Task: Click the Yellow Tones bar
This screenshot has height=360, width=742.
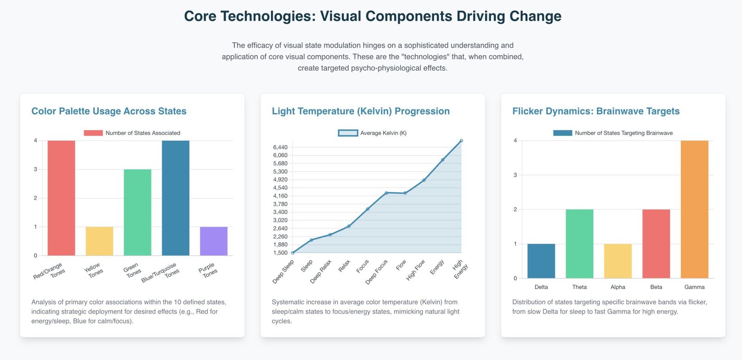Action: click(x=99, y=241)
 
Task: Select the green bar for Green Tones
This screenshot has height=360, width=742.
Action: click(x=137, y=212)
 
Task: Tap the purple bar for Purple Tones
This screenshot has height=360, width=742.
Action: click(x=214, y=241)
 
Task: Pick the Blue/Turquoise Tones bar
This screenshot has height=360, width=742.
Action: click(x=176, y=198)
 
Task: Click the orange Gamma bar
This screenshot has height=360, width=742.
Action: click(x=694, y=209)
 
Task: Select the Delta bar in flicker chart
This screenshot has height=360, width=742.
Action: click(x=541, y=261)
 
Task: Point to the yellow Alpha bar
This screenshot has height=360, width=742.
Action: click(x=618, y=261)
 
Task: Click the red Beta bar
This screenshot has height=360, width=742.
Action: click(x=656, y=244)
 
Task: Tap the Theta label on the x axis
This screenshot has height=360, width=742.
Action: click(x=579, y=287)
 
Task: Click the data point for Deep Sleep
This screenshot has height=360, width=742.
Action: click(x=293, y=252)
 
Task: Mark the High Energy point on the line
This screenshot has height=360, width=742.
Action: click(x=461, y=141)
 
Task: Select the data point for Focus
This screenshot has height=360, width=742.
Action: click(x=367, y=209)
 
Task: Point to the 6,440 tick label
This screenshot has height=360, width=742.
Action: click(x=280, y=147)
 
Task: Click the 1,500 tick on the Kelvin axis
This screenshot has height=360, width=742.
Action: click(x=280, y=252)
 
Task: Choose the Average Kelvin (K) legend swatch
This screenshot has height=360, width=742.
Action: click(x=348, y=133)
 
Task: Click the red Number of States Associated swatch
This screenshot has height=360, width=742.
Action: click(x=93, y=133)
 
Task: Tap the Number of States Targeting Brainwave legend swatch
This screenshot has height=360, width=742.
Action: click(x=563, y=133)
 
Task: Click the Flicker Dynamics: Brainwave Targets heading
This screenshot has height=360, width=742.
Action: click(x=596, y=111)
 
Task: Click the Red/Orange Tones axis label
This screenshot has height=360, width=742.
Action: click(x=50, y=272)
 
